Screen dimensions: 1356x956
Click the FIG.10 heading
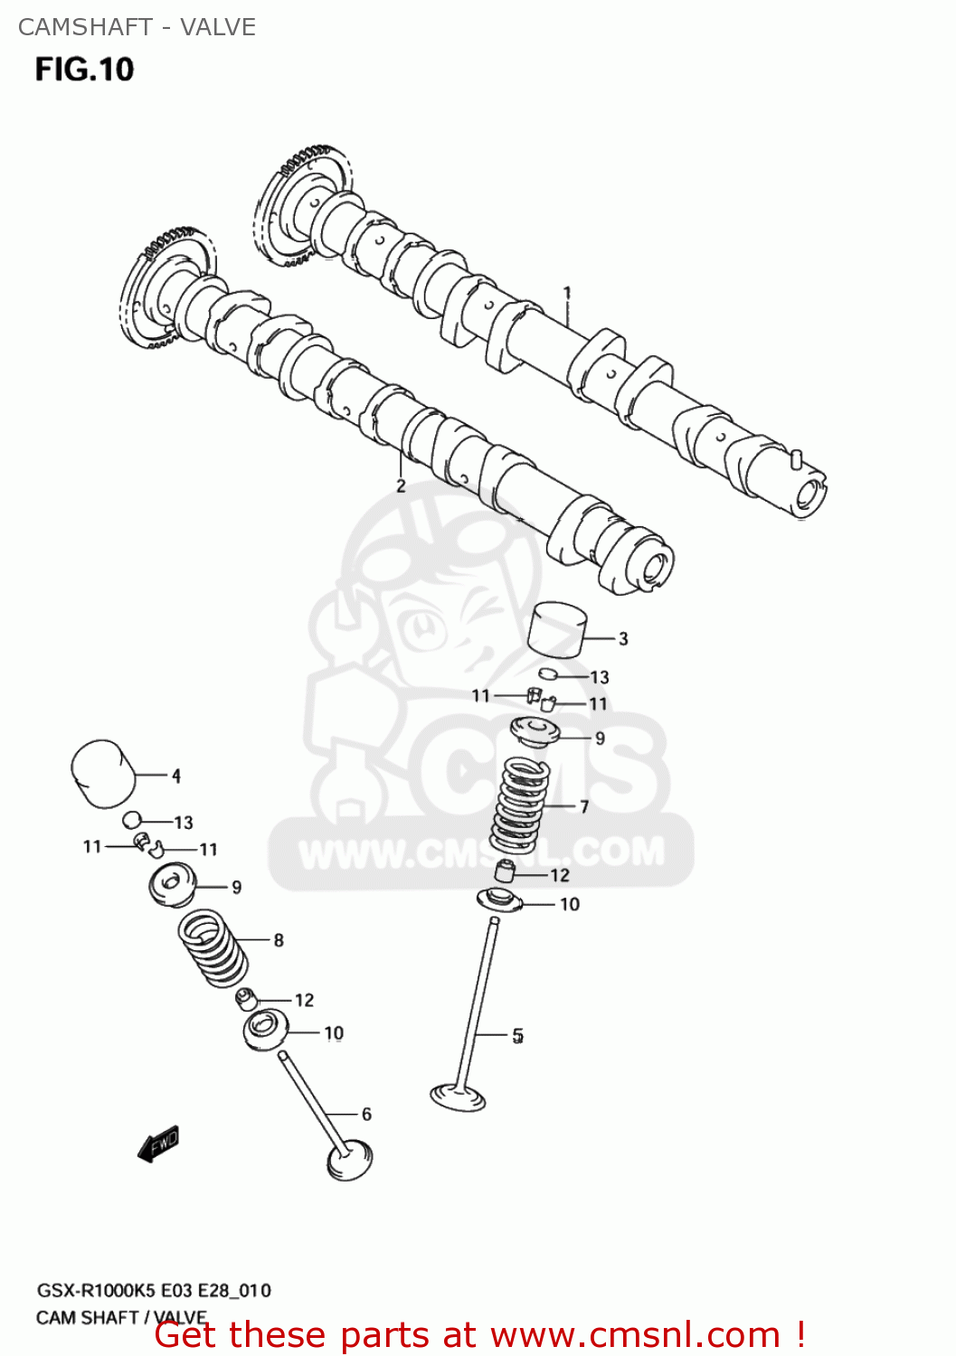click(x=84, y=70)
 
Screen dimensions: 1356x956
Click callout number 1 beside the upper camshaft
click(x=567, y=293)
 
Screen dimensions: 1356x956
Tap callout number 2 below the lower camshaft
click(x=401, y=486)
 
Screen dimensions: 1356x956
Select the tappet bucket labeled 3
click(x=557, y=629)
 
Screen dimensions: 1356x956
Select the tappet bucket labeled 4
click(x=101, y=774)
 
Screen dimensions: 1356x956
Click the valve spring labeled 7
click(x=520, y=805)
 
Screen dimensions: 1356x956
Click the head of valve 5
click(x=458, y=1097)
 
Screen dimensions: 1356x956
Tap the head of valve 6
click(x=350, y=1161)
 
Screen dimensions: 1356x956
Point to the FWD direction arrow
click(x=158, y=1144)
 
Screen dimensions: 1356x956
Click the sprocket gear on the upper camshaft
click(x=294, y=210)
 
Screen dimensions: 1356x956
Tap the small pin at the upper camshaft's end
click(x=795, y=458)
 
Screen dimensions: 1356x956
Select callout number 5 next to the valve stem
click(x=517, y=1036)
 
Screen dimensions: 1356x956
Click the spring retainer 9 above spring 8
click(x=172, y=885)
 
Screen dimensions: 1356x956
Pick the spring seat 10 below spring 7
click(x=499, y=900)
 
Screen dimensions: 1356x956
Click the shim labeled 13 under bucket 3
click(x=548, y=673)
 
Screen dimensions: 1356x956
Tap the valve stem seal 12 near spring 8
click(x=245, y=999)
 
